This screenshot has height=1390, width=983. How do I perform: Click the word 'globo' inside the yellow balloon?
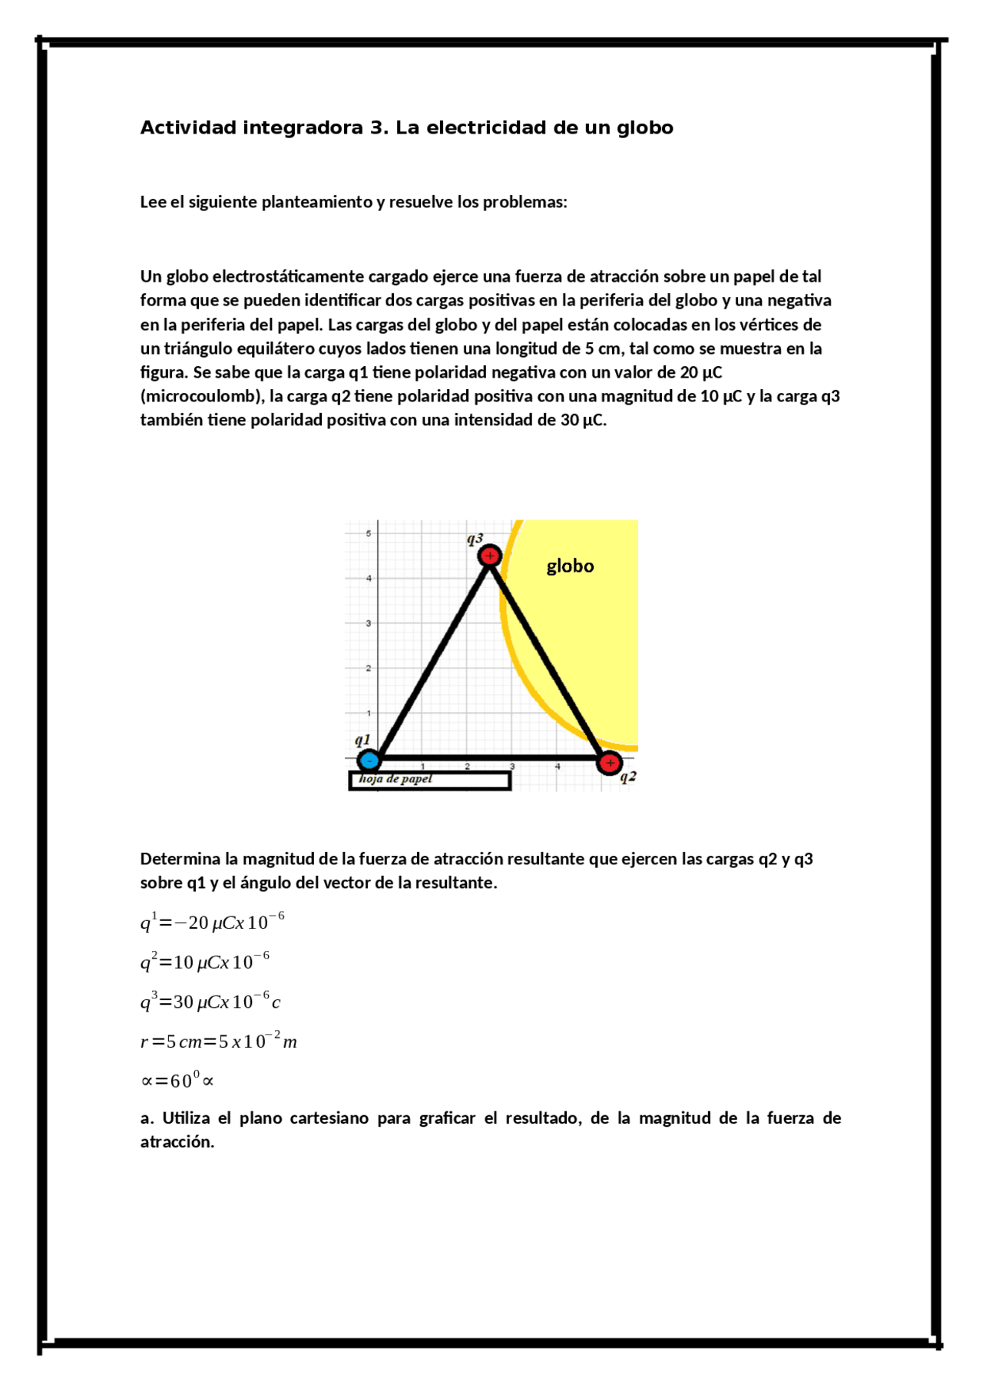[x=570, y=566]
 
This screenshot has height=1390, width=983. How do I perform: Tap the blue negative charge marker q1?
[x=369, y=760]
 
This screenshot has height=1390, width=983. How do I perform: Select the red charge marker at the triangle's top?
[x=490, y=555]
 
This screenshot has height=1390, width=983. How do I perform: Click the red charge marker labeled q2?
[x=610, y=763]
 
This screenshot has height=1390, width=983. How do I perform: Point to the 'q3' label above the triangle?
[x=475, y=539]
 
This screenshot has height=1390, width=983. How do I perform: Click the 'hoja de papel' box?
[x=430, y=780]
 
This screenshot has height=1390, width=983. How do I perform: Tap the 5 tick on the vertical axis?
[x=368, y=533]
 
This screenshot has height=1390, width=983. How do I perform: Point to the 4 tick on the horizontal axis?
[x=558, y=767]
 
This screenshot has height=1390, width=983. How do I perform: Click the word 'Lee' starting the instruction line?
[x=152, y=202]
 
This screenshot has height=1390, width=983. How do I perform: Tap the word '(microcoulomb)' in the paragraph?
[x=202, y=396]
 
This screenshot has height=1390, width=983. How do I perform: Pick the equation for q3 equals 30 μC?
[x=210, y=1001]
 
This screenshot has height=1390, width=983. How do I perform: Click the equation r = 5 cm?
[x=219, y=1041]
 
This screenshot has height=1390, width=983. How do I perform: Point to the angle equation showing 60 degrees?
[x=177, y=1080]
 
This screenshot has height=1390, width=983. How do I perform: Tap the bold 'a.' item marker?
[x=147, y=1118]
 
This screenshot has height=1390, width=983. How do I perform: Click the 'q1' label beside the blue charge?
[x=362, y=741]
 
